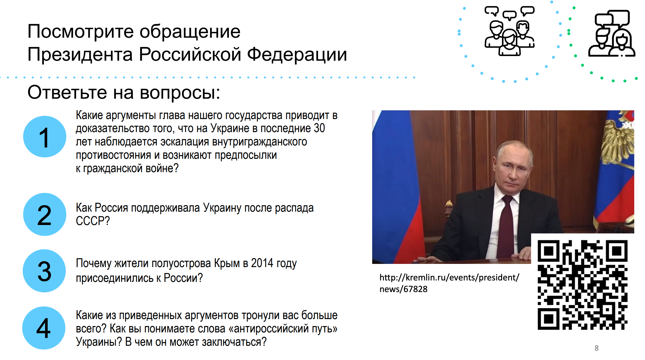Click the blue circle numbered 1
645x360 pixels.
pyautogui.click(x=45, y=136)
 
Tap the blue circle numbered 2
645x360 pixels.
pyautogui.click(x=45, y=214)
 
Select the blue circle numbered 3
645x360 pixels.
pyautogui.click(x=44, y=271)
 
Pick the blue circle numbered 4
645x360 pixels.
pyautogui.click(x=44, y=328)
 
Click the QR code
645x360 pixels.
pyautogui.click(x=582, y=285)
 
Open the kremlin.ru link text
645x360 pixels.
pyautogui.click(x=449, y=283)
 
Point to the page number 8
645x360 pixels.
pyautogui.click(x=596, y=348)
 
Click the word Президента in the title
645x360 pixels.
pyautogui.click(x=80, y=54)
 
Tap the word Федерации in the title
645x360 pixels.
pyautogui.click(x=297, y=55)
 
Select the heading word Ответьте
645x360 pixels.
pyautogui.click(x=67, y=92)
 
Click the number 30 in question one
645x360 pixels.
pyautogui.click(x=319, y=128)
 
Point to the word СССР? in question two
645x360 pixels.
pyautogui.click(x=93, y=221)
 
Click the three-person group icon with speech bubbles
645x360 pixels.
pyautogui.click(x=510, y=31)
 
